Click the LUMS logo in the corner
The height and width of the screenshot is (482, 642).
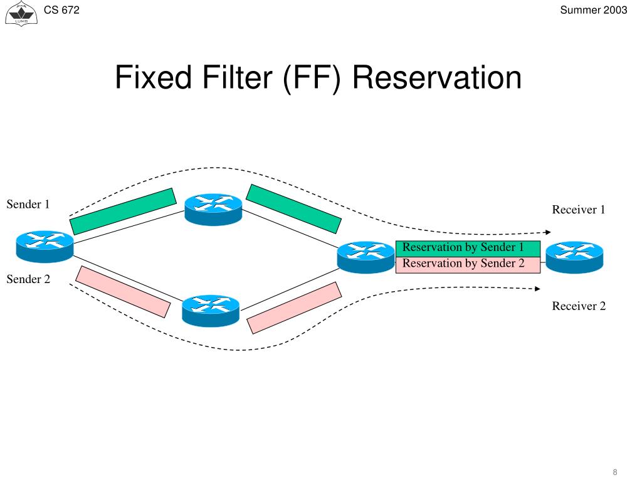tap(20, 13)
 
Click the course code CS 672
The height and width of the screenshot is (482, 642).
tap(61, 10)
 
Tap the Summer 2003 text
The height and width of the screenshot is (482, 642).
tap(593, 10)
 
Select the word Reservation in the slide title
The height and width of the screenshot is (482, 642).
tap(436, 78)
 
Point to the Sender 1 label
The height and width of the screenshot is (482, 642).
tap(28, 205)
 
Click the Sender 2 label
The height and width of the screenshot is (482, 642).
tap(28, 279)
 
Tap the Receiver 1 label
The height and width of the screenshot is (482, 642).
tap(578, 210)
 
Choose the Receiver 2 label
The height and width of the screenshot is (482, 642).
tap(578, 306)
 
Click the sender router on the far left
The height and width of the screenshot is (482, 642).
tap(45, 245)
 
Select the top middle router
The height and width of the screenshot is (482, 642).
tap(213, 208)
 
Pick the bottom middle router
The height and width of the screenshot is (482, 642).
tap(211, 310)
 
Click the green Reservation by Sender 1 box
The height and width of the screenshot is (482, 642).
tap(467, 249)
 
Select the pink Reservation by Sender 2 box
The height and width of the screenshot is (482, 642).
tap(467, 264)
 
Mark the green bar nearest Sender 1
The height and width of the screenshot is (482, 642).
tap(123, 211)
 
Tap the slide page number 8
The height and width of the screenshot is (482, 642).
tap(615, 472)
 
